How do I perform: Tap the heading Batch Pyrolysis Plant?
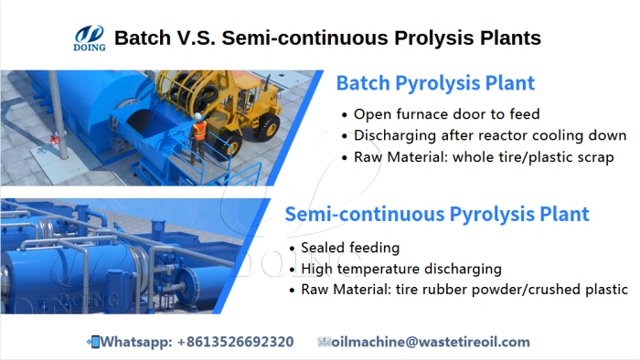(x=435, y=84)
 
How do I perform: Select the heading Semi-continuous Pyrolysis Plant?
(x=437, y=215)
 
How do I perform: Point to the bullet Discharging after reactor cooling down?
(x=489, y=135)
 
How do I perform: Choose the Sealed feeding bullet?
(x=350, y=248)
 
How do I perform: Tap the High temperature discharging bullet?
(x=400, y=269)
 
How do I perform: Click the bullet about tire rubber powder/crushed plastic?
(x=464, y=290)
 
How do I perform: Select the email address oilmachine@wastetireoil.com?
(x=430, y=342)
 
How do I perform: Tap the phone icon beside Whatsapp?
(x=92, y=342)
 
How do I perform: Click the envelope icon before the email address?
(x=323, y=342)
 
